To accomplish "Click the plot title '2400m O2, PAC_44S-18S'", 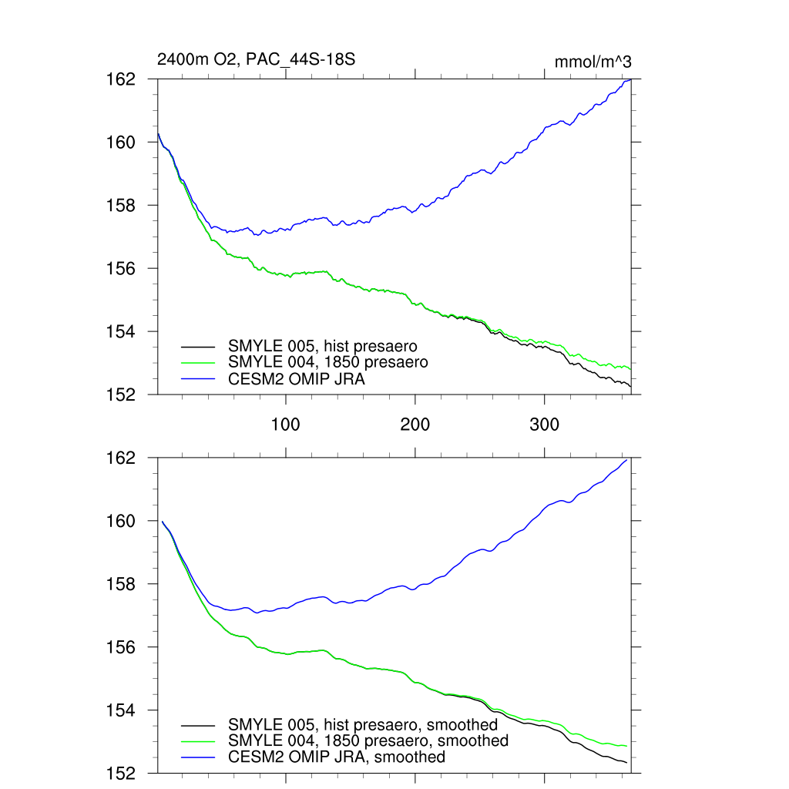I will pos(256,59).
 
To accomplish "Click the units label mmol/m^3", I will pos(593,62).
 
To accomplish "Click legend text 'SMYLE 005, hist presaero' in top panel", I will pos(327,346).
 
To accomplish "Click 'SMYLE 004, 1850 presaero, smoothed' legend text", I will pos(368,740).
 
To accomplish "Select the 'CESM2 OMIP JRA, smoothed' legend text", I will pos(337,757).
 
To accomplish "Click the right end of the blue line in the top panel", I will pos(631,79).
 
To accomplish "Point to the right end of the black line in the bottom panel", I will pos(626,763).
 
